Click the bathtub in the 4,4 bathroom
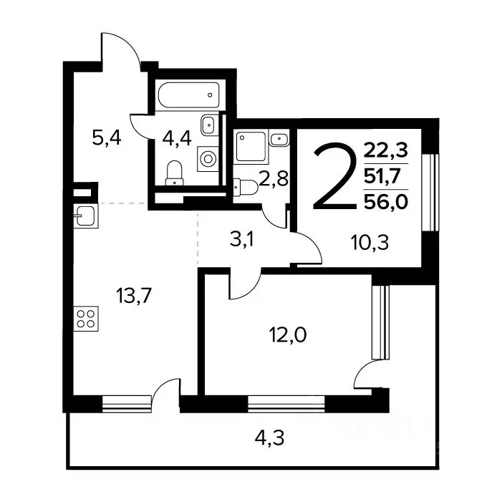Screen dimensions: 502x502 point(189,95)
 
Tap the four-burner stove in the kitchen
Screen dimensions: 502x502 point(86,319)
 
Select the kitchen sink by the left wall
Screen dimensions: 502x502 point(86,216)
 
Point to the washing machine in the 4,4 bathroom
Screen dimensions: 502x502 point(208,159)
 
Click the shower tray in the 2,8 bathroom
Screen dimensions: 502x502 point(251,147)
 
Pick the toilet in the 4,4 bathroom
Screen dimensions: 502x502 point(175,173)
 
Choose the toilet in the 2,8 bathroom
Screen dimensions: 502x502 point(246,188)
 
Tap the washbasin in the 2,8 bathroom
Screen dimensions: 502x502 point(279,139)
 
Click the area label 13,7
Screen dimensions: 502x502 point(134,296)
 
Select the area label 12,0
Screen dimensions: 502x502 point(288,335)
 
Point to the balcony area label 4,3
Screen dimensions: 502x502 point(269,438)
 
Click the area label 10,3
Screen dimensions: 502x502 point(370,242)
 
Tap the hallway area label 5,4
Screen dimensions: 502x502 point(107,139)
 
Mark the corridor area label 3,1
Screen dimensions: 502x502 point(242,239)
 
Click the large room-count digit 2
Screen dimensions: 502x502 point(334,176)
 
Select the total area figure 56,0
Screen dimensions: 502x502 point(386,202)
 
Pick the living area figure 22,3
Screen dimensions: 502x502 point(386,150)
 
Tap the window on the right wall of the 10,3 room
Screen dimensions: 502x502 point(430,193)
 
